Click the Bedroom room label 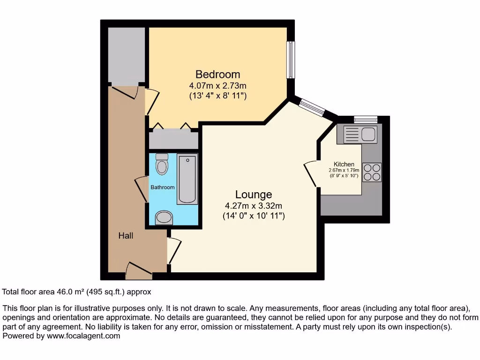click(217, 75)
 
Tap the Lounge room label click(254, 195)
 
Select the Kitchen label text click(344, 164)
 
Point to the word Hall click(126, 236)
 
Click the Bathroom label click(162, 187)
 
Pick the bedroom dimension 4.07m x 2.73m click(217, 86)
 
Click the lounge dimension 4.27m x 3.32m click(254, 206)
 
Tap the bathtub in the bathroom click(187, 180)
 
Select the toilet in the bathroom click(162, 164)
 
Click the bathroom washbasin click(164, 217)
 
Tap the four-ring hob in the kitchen click(372, 172)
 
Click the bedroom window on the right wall click(291, 60)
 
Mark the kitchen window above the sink click(366, 119)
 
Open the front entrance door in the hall click(138, 269)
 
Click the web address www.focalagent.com click(82, 336)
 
